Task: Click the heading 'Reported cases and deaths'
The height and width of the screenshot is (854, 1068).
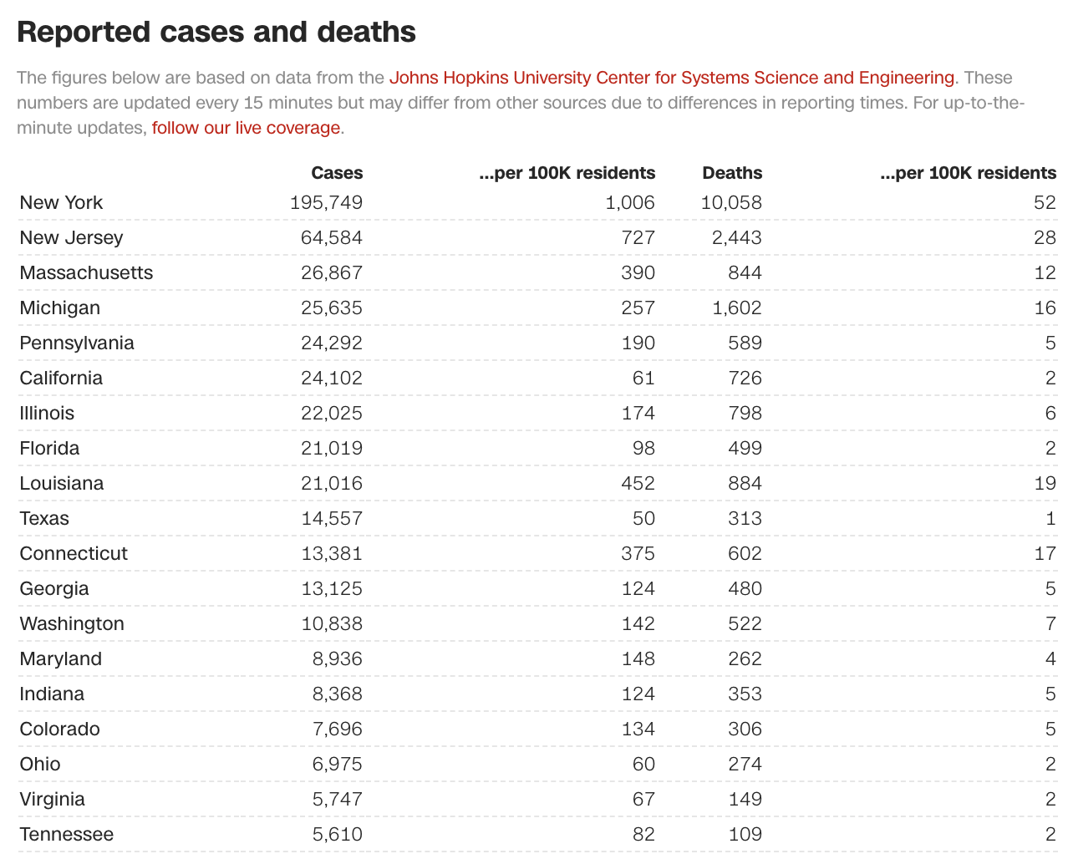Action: (x=216, y=32)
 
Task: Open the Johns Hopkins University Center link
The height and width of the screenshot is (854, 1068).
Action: (x=671, y=78)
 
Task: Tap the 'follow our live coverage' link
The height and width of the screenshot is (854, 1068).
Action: (x=246, y=128)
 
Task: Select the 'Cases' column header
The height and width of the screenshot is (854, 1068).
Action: (x=337, y=173)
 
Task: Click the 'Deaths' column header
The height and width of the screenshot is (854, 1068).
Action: (x=732, y=173)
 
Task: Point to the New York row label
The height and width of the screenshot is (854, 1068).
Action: (x=61, y=202)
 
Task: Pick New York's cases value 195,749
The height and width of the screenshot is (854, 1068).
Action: (x=327, y=202)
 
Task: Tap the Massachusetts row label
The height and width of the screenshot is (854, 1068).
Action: (x=86, y=272)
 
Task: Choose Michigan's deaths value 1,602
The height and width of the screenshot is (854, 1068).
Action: (x=736, y=308)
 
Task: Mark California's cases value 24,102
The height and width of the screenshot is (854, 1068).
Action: (x=332, y=378)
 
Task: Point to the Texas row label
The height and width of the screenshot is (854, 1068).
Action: (x=44, y=518)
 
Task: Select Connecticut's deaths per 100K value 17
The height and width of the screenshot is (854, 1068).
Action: (x=1045, y=553)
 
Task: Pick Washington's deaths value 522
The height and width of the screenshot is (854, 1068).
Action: (x=744, y=623)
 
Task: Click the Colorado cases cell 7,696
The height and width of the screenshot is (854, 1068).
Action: (x=337, y=729)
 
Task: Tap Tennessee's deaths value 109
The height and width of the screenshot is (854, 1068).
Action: (x=744, y=834)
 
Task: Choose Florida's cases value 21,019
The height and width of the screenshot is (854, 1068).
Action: (x=332, y=448)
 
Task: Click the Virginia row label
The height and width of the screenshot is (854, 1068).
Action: (x=52, y=799)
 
